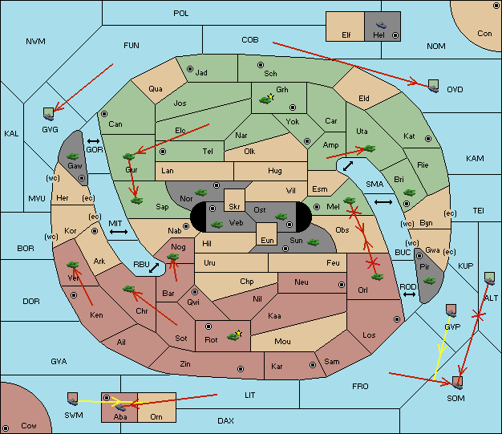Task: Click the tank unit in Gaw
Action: point(73,156)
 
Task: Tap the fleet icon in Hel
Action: point(381,25)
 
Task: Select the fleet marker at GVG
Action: point(49,114)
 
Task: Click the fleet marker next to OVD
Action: point(434,86)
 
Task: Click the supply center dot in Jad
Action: point(190,69)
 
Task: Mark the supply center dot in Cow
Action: point(6,428)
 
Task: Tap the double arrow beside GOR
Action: point(93,141)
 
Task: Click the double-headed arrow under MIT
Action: point(119,232)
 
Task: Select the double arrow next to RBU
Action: point(154,268)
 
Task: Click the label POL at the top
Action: point(181,14)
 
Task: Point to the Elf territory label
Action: point(346,35)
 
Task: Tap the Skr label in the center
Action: point(234,207)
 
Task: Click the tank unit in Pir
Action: point(429,281)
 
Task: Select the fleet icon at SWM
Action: point(73,399)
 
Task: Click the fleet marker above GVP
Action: point(451,310)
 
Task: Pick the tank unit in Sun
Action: point(313,242)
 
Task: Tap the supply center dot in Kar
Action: point(313,365)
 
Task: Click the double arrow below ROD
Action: point(409,294)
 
